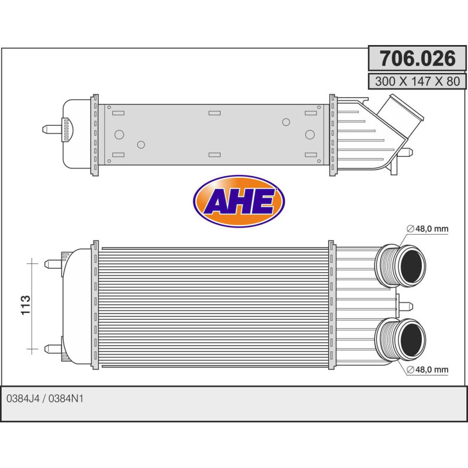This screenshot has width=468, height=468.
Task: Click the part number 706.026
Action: point(417,58)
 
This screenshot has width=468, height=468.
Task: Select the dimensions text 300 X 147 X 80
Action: point(417,81)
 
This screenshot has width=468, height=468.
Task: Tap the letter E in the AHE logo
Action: point(263,202)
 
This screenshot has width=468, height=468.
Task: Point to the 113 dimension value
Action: point(26,306)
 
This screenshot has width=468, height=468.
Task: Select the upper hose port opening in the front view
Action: point(413,267)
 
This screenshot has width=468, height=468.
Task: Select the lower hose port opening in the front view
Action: point(413,339)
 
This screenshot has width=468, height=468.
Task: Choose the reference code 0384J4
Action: point(22,398)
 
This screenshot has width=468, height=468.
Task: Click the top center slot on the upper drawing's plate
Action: point(215,112)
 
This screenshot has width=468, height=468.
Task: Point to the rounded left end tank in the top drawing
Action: point(75,133)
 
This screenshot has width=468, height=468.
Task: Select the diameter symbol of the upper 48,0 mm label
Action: point(410,229)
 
